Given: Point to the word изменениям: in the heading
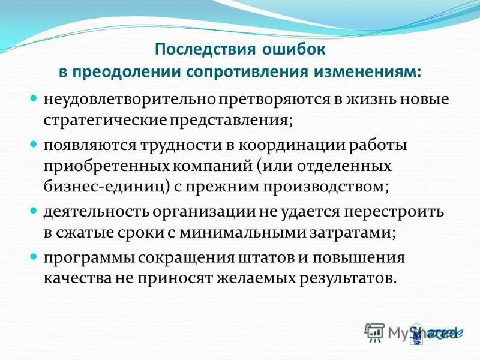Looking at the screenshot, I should coord(367,71).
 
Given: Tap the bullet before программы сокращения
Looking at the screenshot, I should coord(34,259).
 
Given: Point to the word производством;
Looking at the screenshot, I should coord(324,186).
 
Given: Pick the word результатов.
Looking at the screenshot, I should coord(349,278).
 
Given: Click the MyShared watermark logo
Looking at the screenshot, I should coord(411,332).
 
